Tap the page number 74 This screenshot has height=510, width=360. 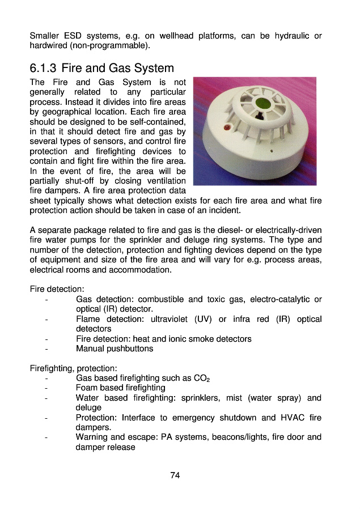click(x=175, y=475)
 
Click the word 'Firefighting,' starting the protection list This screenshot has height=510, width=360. click(x=52, y=368)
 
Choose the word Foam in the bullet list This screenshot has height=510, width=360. click(x=87, y=388)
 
